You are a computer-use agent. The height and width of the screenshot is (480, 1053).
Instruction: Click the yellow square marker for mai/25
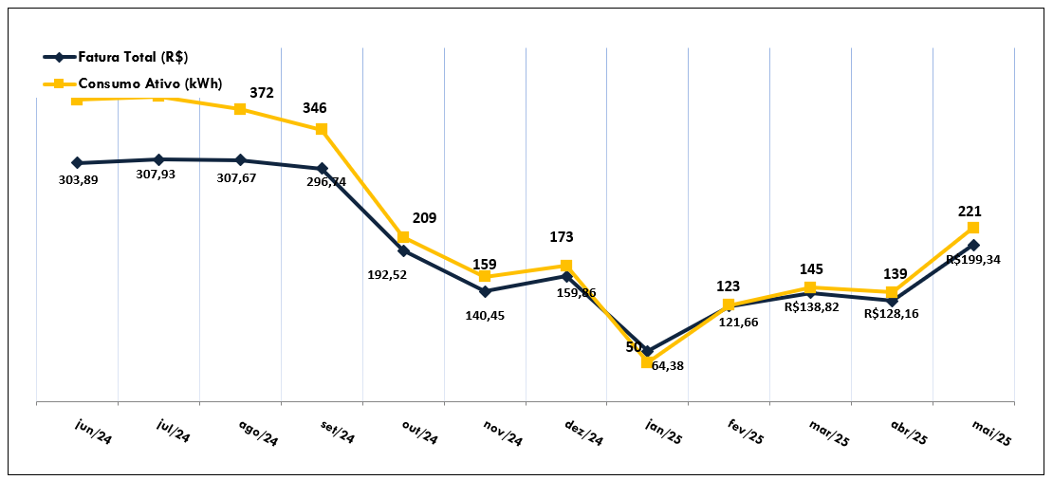click(973, 228)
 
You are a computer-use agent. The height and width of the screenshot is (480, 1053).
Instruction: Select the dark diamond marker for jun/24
click(77, 163)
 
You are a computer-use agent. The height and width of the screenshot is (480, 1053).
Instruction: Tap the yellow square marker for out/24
click(403, 237)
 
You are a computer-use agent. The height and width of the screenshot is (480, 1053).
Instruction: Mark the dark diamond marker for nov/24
click(485, 291)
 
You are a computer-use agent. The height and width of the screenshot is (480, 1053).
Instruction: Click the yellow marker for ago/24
click(240, 109)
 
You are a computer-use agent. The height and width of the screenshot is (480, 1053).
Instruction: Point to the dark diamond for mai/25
click(973, 245)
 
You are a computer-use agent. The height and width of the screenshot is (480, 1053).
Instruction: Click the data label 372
click(262, 93)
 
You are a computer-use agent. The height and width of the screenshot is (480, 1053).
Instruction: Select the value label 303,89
click(78, 181)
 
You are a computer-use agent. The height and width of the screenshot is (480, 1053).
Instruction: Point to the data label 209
click(425, 218)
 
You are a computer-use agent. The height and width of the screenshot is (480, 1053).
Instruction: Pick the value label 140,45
click(485, 316)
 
